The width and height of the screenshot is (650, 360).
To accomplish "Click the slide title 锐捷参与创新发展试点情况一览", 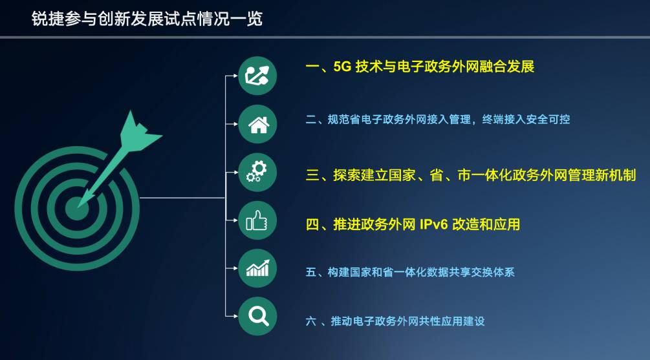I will coord(147,19).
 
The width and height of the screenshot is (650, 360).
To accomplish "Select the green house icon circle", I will coord(257,123).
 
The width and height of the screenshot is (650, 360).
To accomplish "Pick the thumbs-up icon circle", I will coord(257,221).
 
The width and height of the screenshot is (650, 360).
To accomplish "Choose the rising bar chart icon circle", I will coord(257,268).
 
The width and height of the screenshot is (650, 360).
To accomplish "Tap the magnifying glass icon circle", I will coord(257,316).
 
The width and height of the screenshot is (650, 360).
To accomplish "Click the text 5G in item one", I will coord(341,67).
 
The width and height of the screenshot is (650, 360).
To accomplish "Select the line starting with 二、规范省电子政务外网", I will coord(437,120).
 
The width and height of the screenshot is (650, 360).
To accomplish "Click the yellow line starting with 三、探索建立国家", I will coord(470,175).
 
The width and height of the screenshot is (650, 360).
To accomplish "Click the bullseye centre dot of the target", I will coord(77,206).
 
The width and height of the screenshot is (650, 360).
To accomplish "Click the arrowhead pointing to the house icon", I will coord(235,123).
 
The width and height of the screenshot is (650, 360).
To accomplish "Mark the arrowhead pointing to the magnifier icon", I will coord(235,316).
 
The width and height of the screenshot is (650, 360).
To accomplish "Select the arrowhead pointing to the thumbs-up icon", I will coord(235,221).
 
